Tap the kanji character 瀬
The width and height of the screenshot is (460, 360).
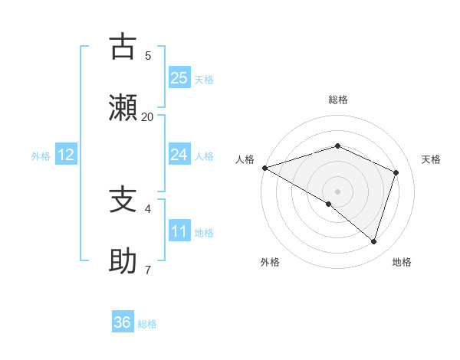(x=123, y=107)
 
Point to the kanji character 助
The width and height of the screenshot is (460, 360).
(x=123, y=260)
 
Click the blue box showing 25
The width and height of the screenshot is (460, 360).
(x=179, y=77)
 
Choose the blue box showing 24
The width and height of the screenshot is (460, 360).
(x=179, y=155)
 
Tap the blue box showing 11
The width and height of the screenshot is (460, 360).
(x=179, y=231)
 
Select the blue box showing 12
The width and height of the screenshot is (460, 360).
(x=65, y=155)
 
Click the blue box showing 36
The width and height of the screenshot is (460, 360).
(x=122, y=322)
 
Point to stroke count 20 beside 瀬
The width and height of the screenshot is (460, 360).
(x=147, y=117)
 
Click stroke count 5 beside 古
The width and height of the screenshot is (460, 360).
(x=148, y=55)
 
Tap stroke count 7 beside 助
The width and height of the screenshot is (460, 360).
(x=148, y=270)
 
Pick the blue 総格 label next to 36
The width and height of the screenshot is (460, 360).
(x=147, y=324)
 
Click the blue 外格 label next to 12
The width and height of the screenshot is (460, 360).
(x=41, y=156)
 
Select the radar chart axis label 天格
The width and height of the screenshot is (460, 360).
(x=431, y=159)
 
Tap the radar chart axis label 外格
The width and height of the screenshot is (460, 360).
(x=270, y=262)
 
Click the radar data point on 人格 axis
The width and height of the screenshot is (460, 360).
(x=264, y=168)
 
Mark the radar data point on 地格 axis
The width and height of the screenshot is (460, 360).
(x=373, y=241)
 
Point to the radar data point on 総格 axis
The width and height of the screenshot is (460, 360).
(x=337, y=146)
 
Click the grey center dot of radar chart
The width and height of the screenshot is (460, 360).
(x=337, y=191)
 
